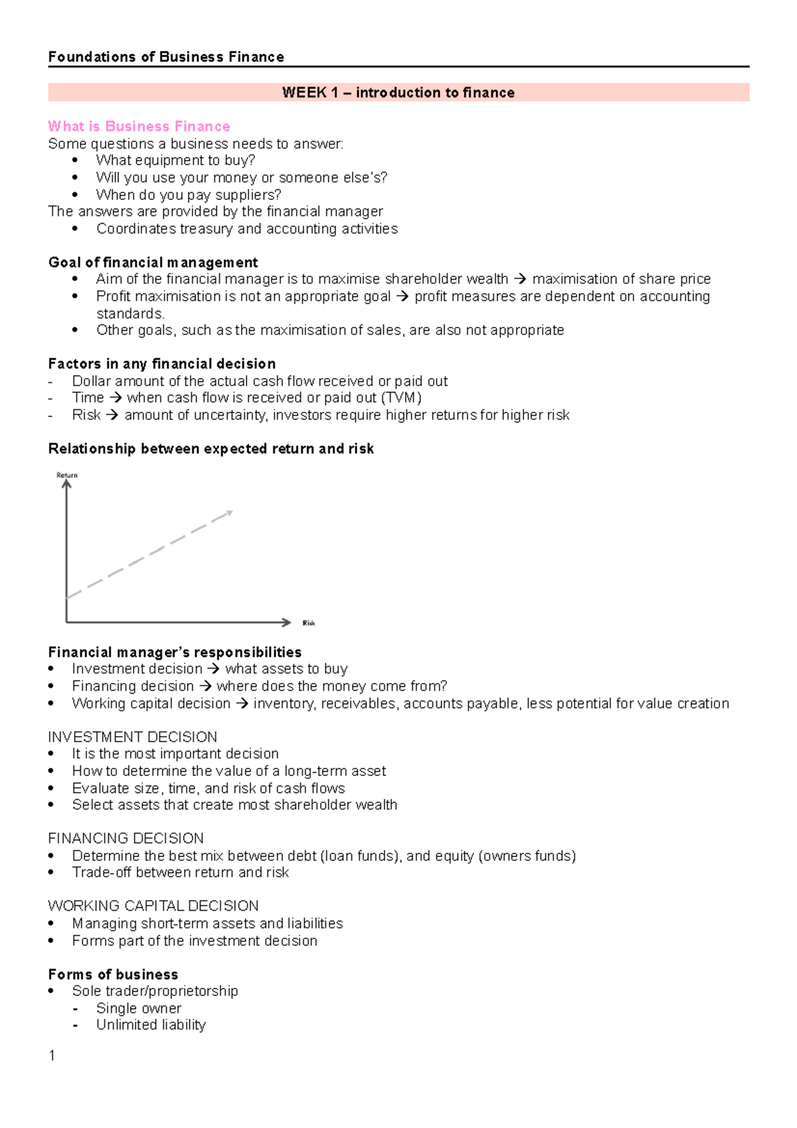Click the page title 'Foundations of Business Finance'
click(x=166, y=57)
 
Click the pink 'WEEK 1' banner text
click(x=398, y=92)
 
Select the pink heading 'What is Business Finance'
click(x=139, y=126)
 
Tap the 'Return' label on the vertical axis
click(x=66, y=475)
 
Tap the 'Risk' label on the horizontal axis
click(x=309, y=623)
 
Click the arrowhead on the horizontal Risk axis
click(x=287, y=622)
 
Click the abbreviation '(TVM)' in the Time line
click(x=401, y=398)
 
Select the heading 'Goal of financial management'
click(x=153, y=262)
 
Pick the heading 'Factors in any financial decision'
click(x=161, y=364)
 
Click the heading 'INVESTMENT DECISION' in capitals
click(x=132, y=737)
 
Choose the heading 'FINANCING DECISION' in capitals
click(x=126, y=838)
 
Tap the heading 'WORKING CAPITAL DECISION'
click(x=153, y=906)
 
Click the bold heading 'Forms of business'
click(x=113, y=975)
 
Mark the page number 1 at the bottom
click(x=52, y=1056)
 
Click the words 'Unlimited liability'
click(x=151, y=1025)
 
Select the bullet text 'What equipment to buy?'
click(x=175, y=160)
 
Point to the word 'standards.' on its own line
click(x=130, y=314)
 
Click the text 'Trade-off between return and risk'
click(x=180, y=872)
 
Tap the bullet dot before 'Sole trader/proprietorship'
click(x=51, y=991)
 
